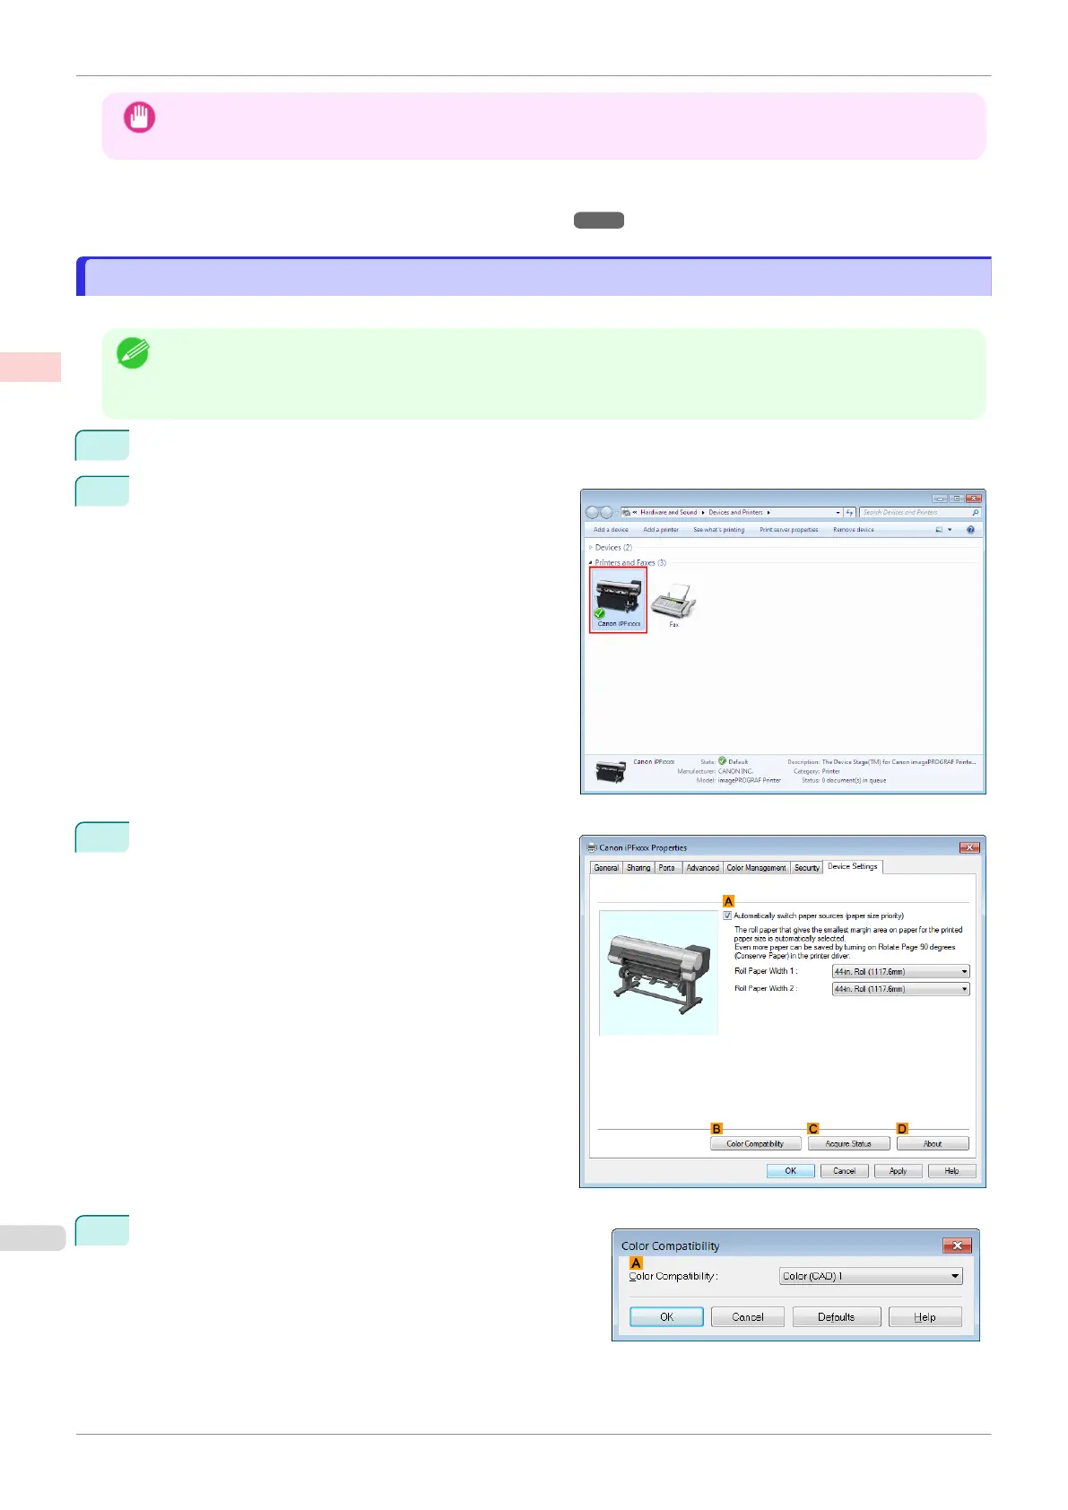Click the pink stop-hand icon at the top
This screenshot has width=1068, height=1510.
tap(139, 117)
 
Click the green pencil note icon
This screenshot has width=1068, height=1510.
tap(133, 353)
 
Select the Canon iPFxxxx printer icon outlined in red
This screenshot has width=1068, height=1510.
tap(618, 599)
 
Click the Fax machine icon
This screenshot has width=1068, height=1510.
tap(673, 604)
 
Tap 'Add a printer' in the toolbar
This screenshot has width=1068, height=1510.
tap(661, 530)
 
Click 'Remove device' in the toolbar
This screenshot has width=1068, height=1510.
tap(853, 530)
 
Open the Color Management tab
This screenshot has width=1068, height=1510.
tap(756, 868)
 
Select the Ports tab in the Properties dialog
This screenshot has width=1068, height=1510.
tap(666, 868)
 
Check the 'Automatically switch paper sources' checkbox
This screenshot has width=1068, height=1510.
tap(727, 916)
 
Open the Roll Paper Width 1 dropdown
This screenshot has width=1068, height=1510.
tap(900, 971)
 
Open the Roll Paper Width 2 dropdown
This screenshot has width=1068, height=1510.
tap(900, 989)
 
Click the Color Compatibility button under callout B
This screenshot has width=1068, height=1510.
tap(755, 1143)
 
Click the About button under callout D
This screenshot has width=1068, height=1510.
tap(933, 1143)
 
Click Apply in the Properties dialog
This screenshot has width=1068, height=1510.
tap(898, 1171)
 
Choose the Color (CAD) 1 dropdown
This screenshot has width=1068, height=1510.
tap(870, 1276)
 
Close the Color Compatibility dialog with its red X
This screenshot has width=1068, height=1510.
tap(957, 1245)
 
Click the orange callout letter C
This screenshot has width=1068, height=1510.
tap(813, 1129)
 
